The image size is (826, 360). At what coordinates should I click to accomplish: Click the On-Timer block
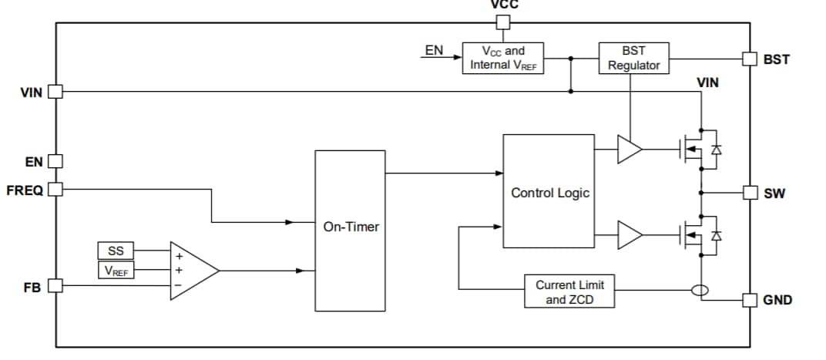350,230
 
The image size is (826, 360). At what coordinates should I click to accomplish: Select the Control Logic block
549,192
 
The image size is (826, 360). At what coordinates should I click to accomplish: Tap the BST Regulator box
633,58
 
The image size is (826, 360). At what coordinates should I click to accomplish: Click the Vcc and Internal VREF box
502,58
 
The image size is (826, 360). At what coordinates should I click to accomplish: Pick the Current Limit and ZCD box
569,291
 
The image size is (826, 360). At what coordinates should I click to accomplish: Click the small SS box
115,251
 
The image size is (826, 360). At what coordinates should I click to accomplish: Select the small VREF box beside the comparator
115,270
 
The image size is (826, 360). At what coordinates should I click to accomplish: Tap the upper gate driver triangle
629,150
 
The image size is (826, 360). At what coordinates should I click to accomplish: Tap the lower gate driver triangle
629,235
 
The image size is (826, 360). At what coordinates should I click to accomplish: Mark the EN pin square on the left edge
55,161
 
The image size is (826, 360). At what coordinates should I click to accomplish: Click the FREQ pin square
55,189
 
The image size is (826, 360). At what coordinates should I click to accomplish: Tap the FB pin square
55,286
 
